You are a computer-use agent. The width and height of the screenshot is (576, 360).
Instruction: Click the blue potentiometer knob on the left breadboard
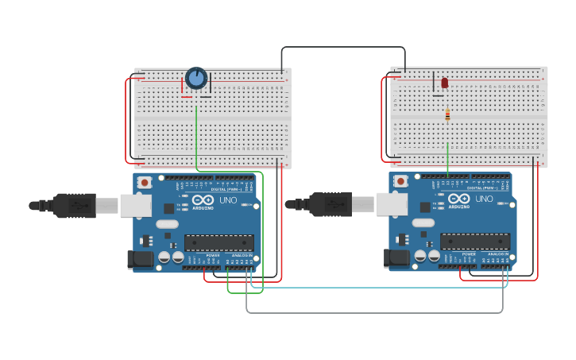tap(196, 78)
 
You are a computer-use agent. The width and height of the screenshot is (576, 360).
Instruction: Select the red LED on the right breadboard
tap(445, 83)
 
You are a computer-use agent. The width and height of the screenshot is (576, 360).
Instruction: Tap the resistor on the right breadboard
tap(447, 115)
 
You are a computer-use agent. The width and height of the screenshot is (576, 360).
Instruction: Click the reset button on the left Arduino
tap(145, 182)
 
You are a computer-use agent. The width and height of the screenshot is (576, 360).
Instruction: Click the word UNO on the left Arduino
tap(228, 199)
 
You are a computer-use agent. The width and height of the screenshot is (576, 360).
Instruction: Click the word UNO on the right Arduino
tap(484, 199)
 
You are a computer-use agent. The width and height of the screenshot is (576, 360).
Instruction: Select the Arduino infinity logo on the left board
tap(203, 199)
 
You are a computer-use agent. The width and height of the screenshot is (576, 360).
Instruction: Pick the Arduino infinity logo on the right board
tap(458, 199)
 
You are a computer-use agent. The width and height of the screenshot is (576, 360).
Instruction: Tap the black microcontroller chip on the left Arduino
tap(219, 242)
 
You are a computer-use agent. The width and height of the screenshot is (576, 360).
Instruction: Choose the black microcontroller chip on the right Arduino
tap(475, 242)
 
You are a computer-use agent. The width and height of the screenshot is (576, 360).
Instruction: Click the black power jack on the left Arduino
tap(141, 259)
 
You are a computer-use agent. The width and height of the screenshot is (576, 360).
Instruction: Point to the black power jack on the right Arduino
tap(397, 258)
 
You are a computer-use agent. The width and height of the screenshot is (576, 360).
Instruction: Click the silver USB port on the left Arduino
tap(136, 205)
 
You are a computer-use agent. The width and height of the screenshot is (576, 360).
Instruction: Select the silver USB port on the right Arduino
tap(392, 204)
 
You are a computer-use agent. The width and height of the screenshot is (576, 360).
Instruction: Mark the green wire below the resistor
tap(448, 155)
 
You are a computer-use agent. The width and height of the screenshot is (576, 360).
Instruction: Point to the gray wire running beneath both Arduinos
tap(373, 312)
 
